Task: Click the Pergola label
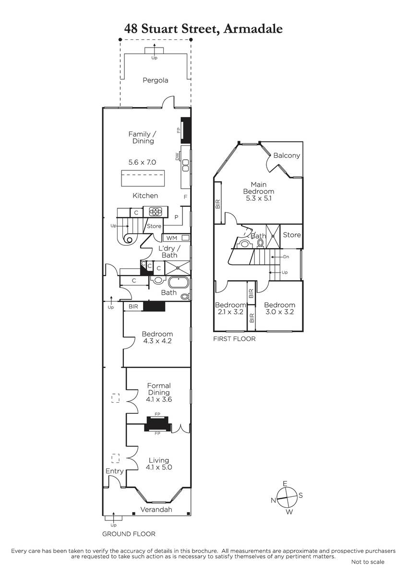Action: [x=156, y=80]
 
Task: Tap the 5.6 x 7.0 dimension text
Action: [x=142, y=162]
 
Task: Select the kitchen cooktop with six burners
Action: [x=156, y=212]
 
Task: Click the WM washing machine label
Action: [x=171, y=238]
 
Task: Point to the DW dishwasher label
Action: [x=177, y=156]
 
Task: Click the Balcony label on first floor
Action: [x=287, y=156]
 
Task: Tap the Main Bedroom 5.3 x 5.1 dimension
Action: [x=258, y=198]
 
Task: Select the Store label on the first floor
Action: [x=292, y=235]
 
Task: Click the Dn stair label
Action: [x=286, y=257]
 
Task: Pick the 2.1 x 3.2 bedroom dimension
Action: [x=230, y=312]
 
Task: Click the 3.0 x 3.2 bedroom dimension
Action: [x=279, y=312]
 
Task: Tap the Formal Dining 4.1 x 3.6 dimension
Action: [x=159, y=399]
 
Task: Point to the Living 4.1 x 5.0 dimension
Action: [x=159, y=467]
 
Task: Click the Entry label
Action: [x=115, y=471]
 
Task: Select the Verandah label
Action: [x=156, y=509]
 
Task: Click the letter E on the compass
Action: [x=285, y=484]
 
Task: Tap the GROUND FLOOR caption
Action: [x=129, y=534]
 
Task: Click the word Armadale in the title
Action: [x=253, y=28]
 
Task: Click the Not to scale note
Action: [x=368, y=562]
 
